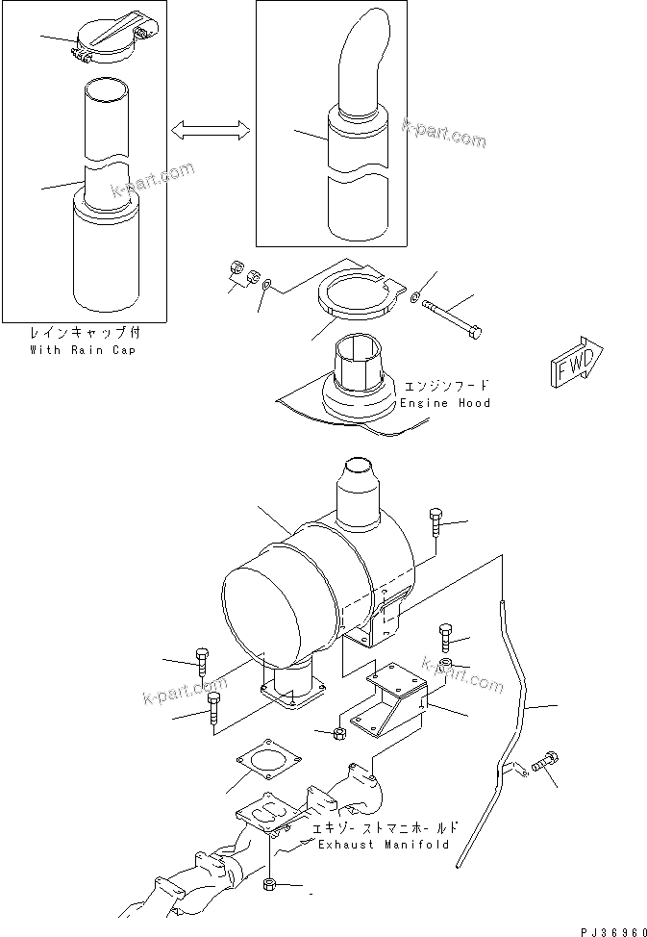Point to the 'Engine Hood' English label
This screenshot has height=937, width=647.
click(445, 403)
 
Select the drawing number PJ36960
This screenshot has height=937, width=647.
click(610, 930)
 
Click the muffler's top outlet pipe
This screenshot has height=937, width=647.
click(361, 492)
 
